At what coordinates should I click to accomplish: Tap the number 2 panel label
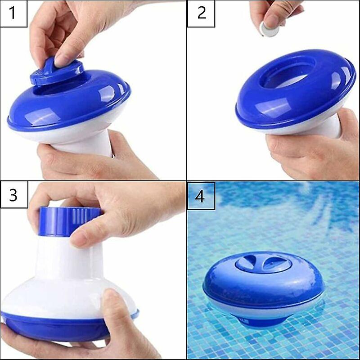tap(201, 13)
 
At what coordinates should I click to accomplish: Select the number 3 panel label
tap(14, 195)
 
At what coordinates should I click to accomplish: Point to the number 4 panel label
tap(201, 196)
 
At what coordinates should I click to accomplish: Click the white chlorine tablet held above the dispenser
tap(269, 29)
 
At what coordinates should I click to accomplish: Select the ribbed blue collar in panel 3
tap(69, 221)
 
